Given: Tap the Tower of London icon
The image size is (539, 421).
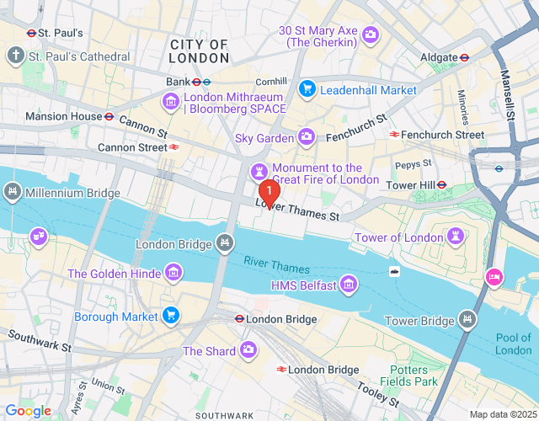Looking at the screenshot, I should click(456, 237).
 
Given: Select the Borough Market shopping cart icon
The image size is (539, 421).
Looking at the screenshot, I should click(171, 316).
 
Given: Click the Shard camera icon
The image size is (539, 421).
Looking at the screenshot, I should click(248, 349).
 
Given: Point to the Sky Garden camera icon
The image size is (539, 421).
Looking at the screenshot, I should click(307, 136).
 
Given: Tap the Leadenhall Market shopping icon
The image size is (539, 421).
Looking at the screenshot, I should click(307, 88).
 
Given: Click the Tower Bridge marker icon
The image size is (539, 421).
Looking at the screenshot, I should click(467, 319).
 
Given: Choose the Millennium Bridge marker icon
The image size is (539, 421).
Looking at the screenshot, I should click(13, 193).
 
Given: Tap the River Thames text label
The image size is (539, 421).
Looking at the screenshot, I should click(277, 264).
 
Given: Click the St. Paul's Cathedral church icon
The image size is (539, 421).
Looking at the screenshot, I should click(15, 56).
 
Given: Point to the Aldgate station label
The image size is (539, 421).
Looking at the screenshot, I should click(440, 57).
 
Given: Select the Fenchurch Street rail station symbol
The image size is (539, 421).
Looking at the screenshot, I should click(393, 135).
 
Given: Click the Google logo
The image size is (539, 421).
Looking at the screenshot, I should click(29, 410).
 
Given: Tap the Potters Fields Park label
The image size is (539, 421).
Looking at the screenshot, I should click(414, 376).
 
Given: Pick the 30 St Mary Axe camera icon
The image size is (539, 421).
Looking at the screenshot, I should click(371, 35).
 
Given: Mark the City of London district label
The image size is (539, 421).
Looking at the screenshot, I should click(199, 51).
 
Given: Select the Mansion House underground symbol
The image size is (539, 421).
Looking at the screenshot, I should click(109, 116).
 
